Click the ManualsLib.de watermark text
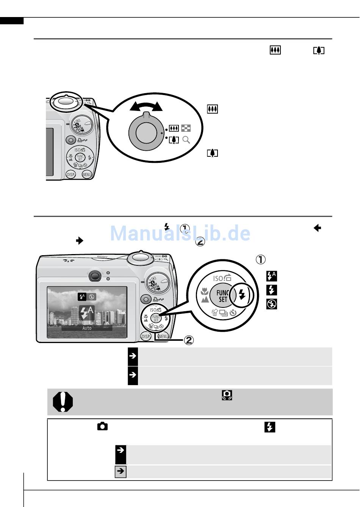(180, 233)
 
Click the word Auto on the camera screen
(87, 328)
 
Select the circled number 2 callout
(189, 340)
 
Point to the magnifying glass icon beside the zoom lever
(186, 140)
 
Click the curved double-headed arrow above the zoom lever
(146, 106)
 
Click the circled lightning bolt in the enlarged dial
(243, 295)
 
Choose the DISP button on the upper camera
(70, 175)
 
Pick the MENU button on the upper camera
(87, 175)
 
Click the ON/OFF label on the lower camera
(103, 257)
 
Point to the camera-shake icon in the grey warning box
(227, 395)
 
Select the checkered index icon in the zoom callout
(186, 129)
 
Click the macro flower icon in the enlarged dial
(205, 292)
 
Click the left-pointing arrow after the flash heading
(317, 228)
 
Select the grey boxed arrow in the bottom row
(121, 471)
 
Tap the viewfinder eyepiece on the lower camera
(95, 276)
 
